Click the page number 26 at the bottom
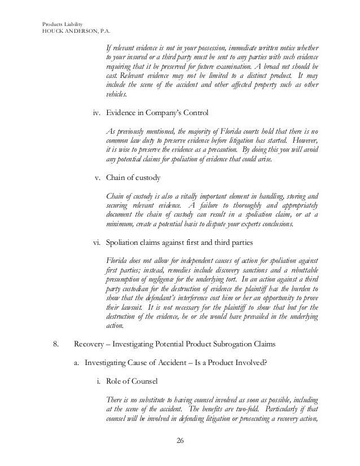(180, 440)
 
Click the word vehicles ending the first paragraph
(117, 96)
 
